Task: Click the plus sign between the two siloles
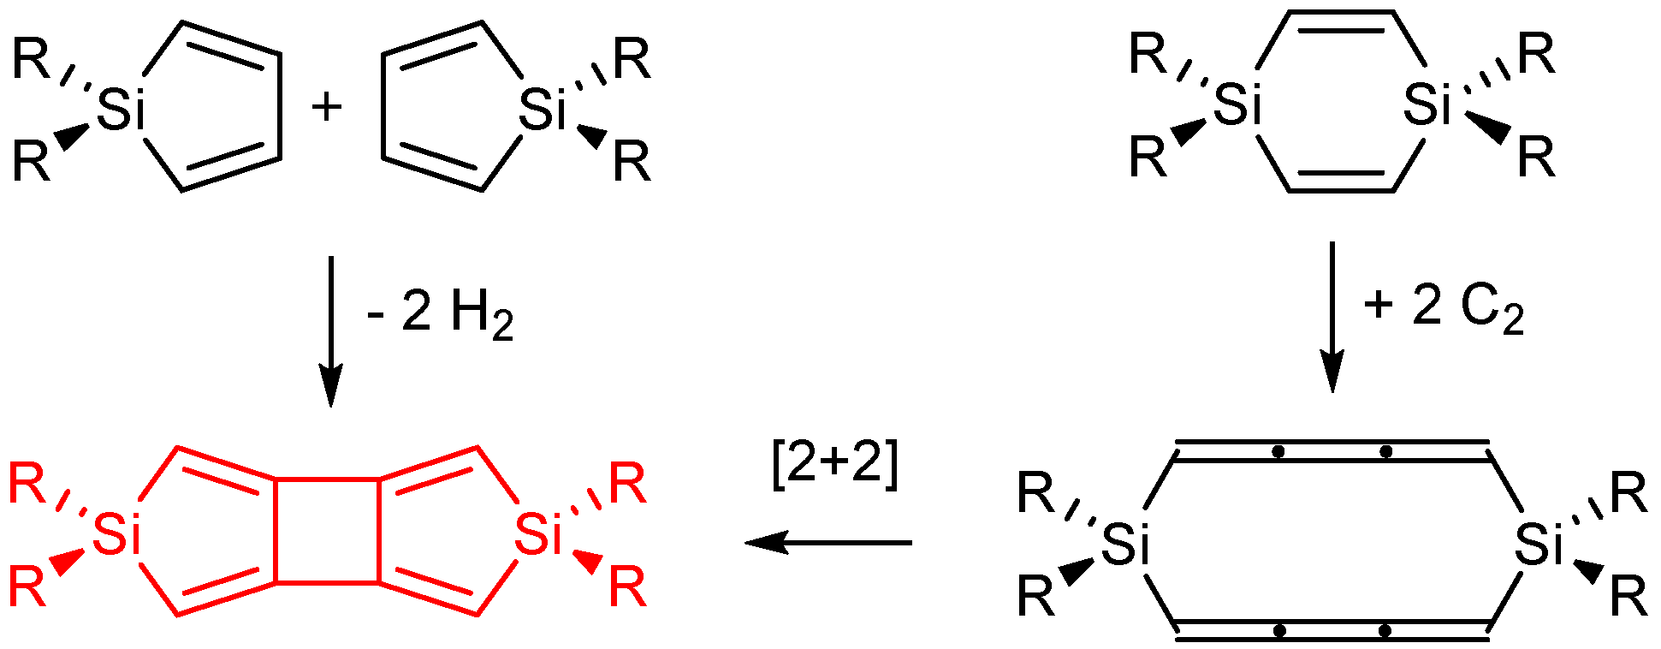326,108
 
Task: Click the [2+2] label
835,467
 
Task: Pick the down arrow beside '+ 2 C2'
1332,316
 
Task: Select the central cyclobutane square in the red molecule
327,531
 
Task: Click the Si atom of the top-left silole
121,109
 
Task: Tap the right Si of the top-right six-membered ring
1427,104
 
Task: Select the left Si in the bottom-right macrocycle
1124,544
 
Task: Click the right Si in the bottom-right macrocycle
1538,544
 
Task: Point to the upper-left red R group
27,484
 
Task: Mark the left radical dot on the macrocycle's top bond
1278,450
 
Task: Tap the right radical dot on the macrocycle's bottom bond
1385,631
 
